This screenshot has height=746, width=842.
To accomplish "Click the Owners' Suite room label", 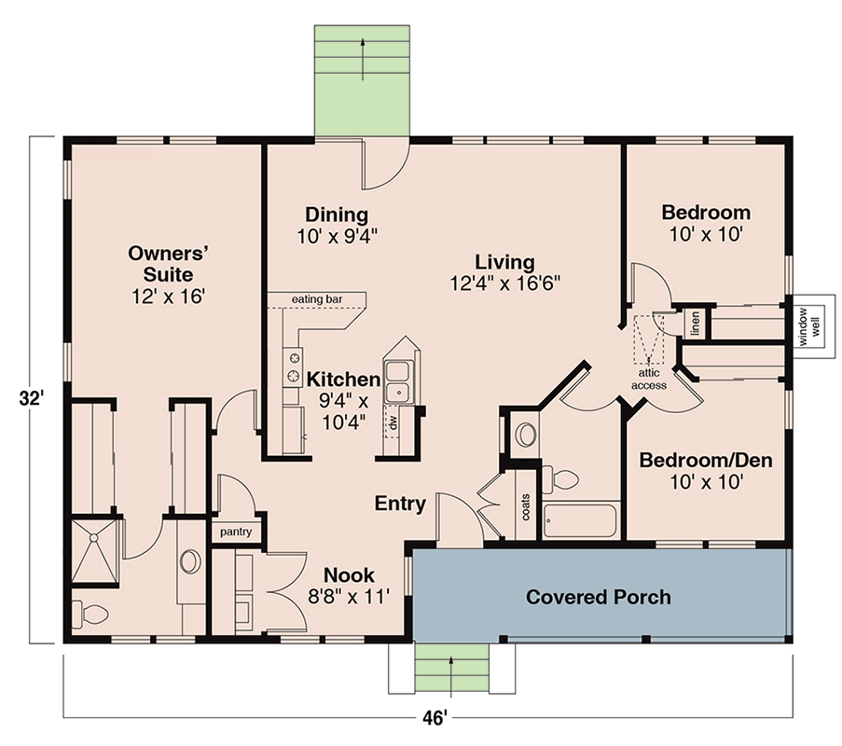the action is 168,264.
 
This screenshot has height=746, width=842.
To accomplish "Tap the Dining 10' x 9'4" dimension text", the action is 338,236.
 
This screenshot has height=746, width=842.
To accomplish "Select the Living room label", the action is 504,262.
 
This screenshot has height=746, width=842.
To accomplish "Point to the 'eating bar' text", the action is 317,299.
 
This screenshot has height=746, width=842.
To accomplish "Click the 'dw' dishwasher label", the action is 393,422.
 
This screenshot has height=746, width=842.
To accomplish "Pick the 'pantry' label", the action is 236,532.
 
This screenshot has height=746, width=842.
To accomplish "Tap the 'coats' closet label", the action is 526,507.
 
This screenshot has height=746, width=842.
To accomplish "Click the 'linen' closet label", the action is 696,324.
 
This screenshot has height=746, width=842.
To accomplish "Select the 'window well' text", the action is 809,326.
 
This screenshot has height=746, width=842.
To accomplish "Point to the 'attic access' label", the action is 649,380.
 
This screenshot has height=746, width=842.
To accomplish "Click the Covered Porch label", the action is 599,597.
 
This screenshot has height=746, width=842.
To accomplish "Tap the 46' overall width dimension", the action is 435,717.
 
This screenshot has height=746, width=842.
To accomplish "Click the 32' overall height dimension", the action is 30,398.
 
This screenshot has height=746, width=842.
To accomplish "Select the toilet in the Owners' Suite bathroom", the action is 90,613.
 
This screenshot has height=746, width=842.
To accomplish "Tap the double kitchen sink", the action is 398,382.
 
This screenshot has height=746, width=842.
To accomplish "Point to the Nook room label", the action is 349,575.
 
